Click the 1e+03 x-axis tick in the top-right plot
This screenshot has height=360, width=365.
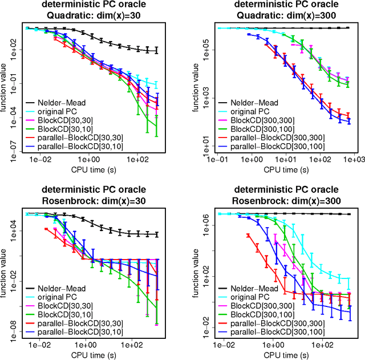tap(349, 162)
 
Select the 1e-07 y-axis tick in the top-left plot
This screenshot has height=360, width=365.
tap(15, 151)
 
